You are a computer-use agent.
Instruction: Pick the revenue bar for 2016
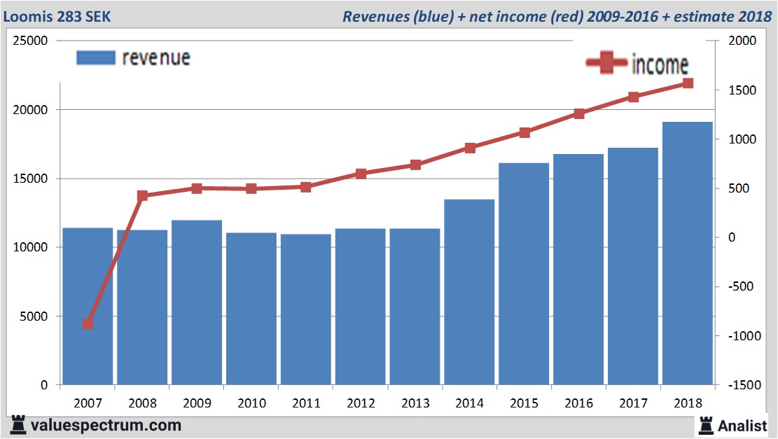tap(578, 270)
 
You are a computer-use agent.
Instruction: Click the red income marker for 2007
tap(88, 323)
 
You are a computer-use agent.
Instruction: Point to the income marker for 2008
tap(142, 196)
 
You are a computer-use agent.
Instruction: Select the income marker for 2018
tap(688, 83)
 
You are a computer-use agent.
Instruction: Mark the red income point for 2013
tap(415, 165)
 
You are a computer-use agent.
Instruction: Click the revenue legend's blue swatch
tap(95, 57)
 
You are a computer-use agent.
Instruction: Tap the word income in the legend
tap(660, 64)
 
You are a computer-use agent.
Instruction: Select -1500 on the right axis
tap(744, 385)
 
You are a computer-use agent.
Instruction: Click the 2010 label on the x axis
tap(251, 403)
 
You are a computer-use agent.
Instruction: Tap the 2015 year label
tap(525, 403)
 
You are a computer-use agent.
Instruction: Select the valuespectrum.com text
tap(105, 425)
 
